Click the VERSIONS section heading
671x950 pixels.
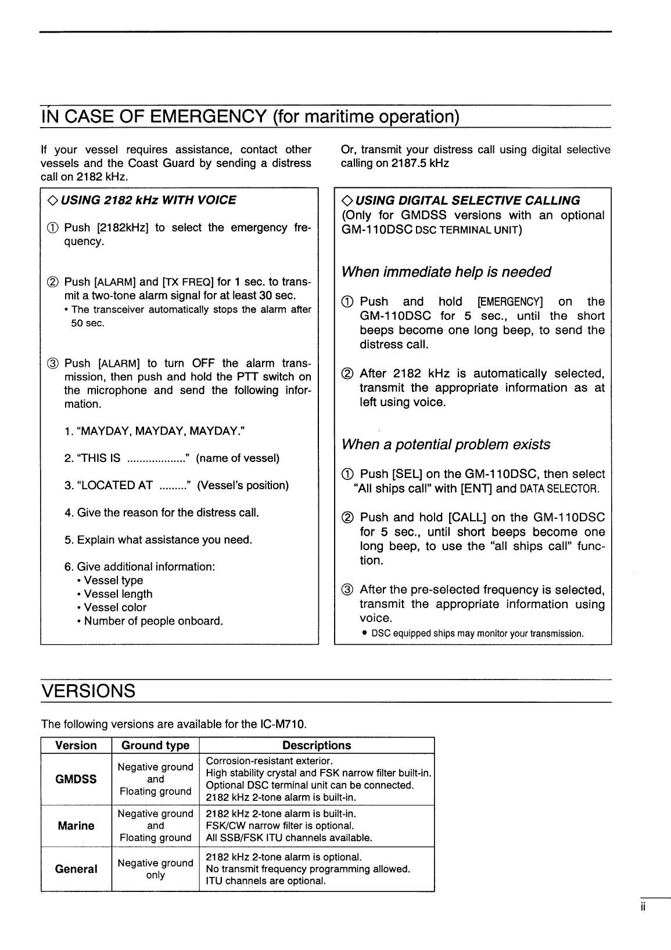tap(88, 691)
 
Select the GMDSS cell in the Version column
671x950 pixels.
tap(76, 779)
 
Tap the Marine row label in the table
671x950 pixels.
tap(76, 826)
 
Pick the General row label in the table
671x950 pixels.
tap(76, 869)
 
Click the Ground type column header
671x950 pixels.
tap(155, 745)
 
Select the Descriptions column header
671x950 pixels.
tap(317, 745)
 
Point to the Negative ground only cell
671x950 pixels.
tap(155, 869)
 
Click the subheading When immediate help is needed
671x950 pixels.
tap(446, 272)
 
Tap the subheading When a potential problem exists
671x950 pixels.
tap(446, 445)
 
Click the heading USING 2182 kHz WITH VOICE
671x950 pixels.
tap(148, 200)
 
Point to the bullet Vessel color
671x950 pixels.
tap(115, 608)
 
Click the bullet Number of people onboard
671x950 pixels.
tap(153, 621)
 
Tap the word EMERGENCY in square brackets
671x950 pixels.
tap(509, 302)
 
